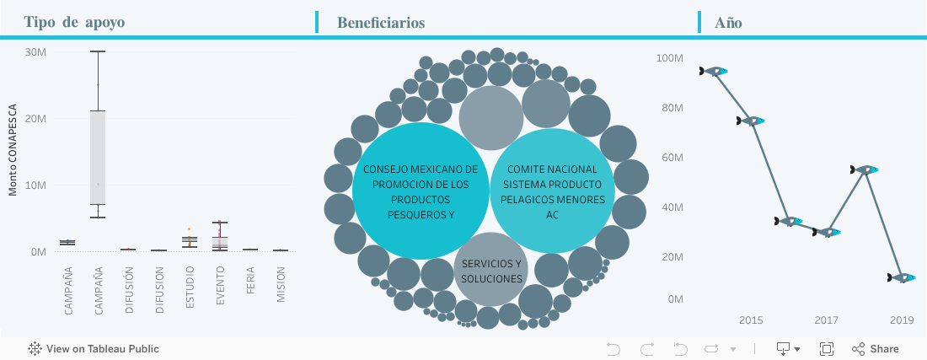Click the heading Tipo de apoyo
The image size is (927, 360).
tap(74, 23)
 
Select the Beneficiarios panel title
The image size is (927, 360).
tap(380, 23)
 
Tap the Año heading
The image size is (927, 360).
tap(728, 23)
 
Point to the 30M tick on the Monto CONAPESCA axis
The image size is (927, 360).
tap(35, 51)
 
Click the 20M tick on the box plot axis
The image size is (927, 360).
tap(35, 118)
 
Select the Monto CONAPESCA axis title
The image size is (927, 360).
tap(13, 150)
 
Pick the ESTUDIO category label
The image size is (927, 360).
tap(190, 290)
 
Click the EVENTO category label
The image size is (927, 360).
tap(221, 291)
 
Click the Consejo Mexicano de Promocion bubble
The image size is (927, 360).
tap(420, 191)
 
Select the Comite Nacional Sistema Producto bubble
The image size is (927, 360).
tap(552, 191)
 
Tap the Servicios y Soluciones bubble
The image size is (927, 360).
tap(492, 271)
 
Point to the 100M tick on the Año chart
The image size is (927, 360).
tap(670, 58)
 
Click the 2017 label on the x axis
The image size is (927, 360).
tap(826, 320)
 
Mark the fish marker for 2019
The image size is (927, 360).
tap(903, 277)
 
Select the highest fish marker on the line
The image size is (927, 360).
tap(714, 72)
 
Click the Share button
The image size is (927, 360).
tap(876, 349)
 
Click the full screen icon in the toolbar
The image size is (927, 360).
tap(827, 349)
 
